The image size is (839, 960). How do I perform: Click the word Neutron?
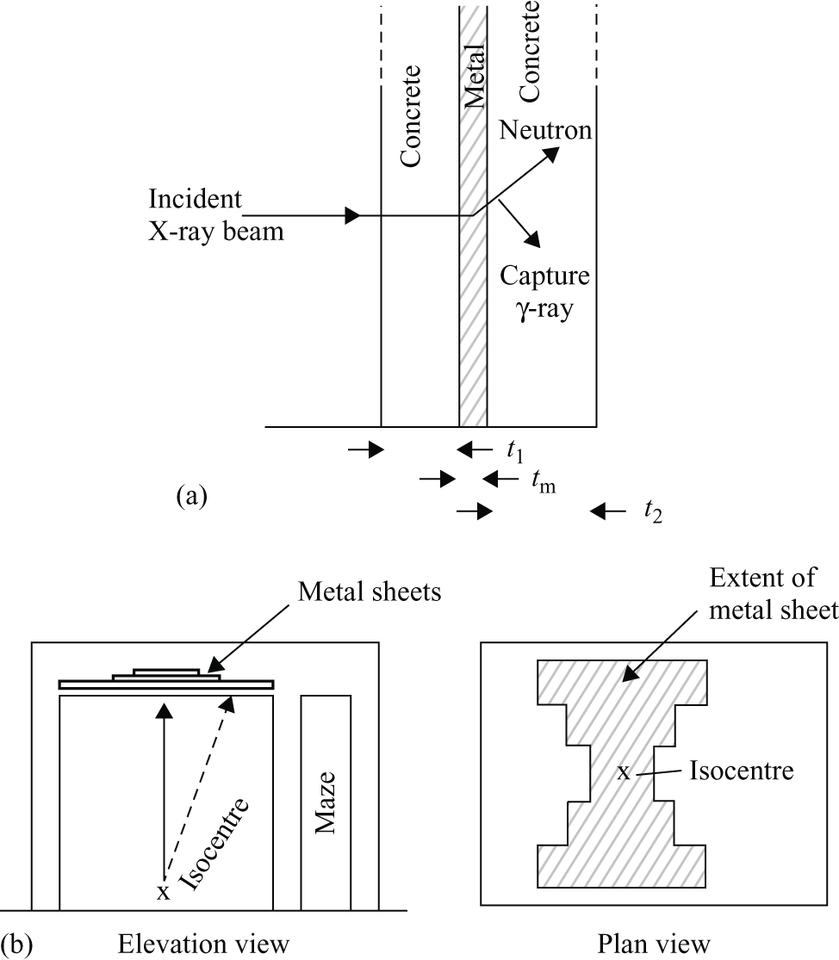(x=544, y=131)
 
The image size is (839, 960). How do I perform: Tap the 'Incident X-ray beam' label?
(x=216, y=216)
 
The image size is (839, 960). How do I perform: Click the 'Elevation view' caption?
(x=203, y=945)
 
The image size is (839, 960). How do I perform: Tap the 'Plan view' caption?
(x=655, y=945)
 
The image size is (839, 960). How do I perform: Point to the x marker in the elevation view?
(x=163, y=891)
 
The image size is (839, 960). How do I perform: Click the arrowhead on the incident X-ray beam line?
(x=351, y=215)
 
